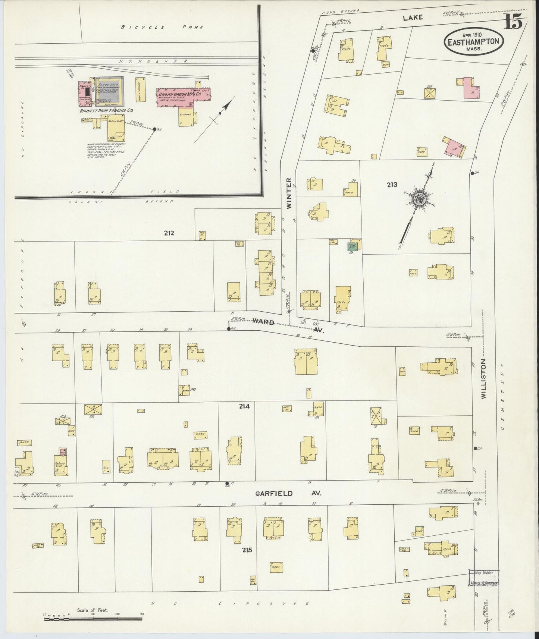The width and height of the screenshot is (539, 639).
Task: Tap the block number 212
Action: tap(169, 233)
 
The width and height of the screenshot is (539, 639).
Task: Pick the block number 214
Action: tap(244, 406)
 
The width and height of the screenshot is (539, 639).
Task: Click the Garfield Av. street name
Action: tap(288, 493)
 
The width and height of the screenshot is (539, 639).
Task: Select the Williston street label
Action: tap(484, 379)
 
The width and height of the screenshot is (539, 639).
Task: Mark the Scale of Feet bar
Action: tap(94, 619)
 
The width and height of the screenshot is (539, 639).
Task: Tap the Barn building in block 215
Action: tap(276, 567)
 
